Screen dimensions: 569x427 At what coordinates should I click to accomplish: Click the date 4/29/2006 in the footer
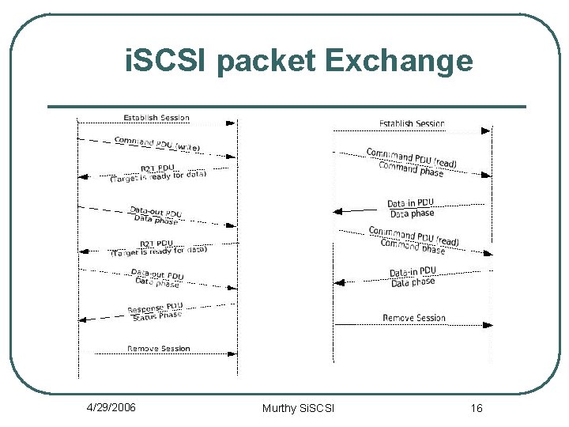point(111,407)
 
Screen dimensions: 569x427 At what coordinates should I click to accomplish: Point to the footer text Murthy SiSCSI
point(298,408)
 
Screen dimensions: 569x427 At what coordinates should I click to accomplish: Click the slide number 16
point(476,408)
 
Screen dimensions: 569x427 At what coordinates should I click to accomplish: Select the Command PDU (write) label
point(157,145)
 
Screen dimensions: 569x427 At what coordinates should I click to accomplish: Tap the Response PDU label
point(155,307)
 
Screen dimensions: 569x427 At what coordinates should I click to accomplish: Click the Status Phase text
point(156,316)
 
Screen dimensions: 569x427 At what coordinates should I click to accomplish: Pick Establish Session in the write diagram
point(156,118)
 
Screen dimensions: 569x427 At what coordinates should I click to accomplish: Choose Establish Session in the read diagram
point(412,123)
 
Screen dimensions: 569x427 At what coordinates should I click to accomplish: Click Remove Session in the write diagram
point(159,349)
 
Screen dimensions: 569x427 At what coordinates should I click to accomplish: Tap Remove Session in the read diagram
point(414,318)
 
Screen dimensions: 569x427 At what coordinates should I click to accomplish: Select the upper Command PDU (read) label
point(412,157)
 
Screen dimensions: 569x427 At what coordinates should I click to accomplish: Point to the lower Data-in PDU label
point(412,273)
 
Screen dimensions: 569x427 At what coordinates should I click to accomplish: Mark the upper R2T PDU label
point(157,168)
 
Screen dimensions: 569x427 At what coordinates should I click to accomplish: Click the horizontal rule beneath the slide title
point(287,107)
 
